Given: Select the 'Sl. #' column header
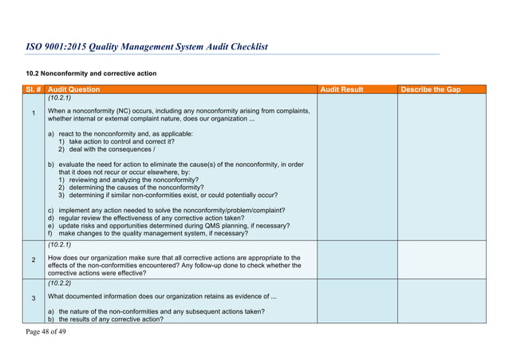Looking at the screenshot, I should point(33,89).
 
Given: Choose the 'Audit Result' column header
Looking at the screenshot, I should point(341,89).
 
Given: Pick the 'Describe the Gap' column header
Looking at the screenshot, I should point(432,89).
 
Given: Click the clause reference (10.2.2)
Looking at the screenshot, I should point(60,283).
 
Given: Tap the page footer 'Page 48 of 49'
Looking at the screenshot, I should point(44,331).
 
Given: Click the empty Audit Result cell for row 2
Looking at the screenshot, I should point(357,259).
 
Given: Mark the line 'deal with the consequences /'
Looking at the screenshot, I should point(112,149).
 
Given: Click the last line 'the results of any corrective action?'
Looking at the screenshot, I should point(111,319).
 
